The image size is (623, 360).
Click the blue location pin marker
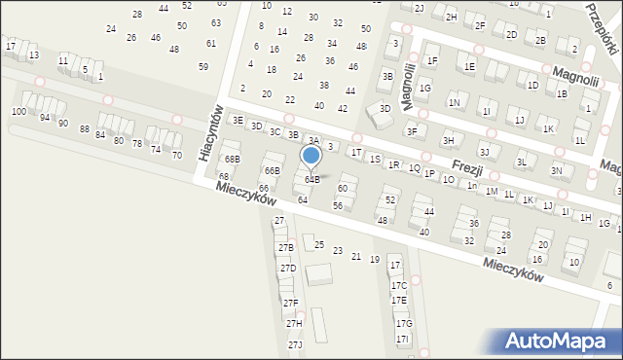(311, 156)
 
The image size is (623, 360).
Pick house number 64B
(312, 179)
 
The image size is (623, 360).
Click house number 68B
(232, 159)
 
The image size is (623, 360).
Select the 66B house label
(272, 170)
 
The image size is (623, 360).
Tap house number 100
(18, 112)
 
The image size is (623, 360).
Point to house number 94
(45, 117)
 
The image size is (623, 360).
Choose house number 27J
(295, 345)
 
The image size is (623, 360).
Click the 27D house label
(288, 268)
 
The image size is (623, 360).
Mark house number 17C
(399, 285)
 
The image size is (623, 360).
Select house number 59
(203, 67)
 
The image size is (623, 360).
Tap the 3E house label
(238, 120)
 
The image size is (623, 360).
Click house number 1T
(356, 152)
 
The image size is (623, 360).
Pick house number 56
(338, 205)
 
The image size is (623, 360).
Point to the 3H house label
(448, 140)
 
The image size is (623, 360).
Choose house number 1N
(454, 102)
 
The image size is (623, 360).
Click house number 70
(176, 155)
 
